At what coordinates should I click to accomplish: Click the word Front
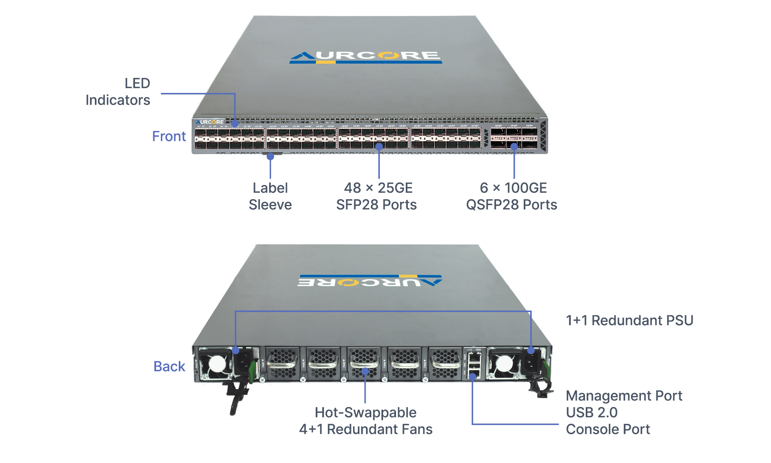click(169, 136)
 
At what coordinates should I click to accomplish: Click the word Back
click(169, 366)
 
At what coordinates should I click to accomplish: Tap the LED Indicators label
click(118, 92)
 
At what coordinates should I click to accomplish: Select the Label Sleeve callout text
click(270, 196)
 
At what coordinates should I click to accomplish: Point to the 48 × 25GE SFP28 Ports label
click(376, 196)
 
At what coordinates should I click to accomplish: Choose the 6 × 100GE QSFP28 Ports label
click(512, 196)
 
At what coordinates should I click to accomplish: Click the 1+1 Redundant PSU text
click(629, 321)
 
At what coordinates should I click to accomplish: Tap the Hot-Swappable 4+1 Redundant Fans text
click(366, 421)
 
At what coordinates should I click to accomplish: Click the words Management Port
click(624, 396)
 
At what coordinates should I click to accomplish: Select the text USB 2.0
click(591, 412)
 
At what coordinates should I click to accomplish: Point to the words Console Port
click(608, 429)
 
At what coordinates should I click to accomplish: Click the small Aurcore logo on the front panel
click(210, 122)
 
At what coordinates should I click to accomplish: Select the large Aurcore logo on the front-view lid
click(366, 57)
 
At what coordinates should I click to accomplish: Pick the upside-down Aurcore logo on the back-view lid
click(370, 281)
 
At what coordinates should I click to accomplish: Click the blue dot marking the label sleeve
click(270, 157)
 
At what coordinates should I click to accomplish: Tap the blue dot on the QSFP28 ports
click(514, 146)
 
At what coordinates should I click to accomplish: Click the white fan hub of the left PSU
click(217, 363)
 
